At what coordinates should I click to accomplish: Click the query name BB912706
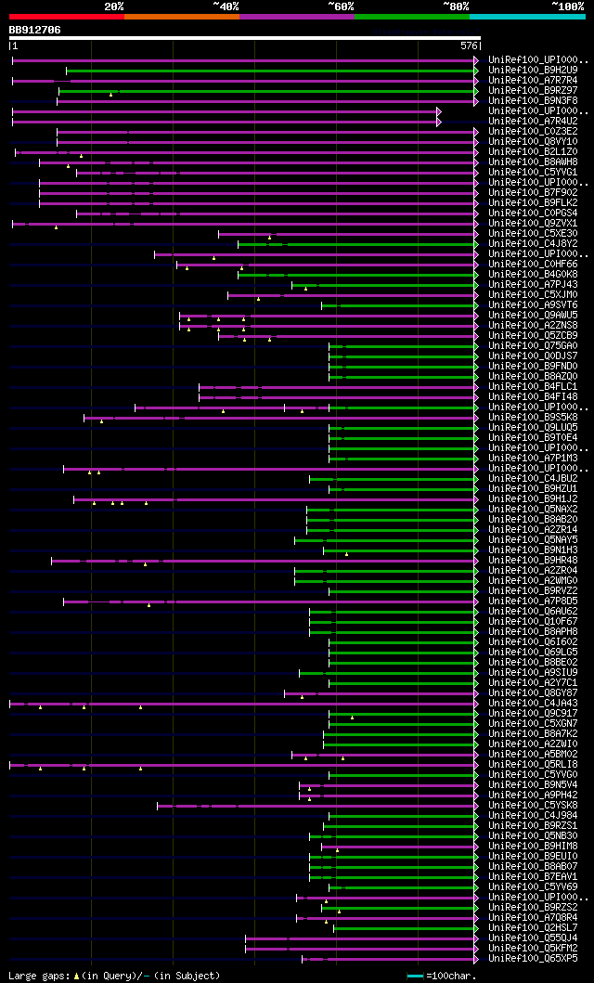(35, 30)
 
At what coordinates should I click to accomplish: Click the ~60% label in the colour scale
(341, 6)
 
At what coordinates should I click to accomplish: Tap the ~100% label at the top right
(567, 6)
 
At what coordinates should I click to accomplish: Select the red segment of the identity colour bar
(66, 16)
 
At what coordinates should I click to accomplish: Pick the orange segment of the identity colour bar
(181, 16)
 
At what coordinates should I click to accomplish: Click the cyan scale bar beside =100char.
(415, 976)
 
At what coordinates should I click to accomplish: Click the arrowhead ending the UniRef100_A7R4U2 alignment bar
(439, 121)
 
